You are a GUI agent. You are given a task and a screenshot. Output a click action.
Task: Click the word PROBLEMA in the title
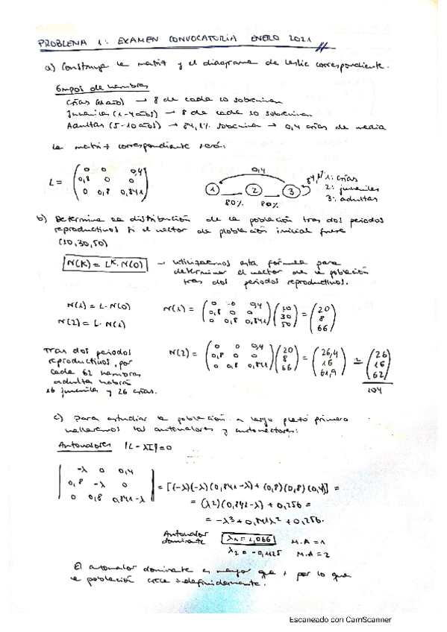60,43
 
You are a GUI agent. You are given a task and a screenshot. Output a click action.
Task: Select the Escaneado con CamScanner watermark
340,619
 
